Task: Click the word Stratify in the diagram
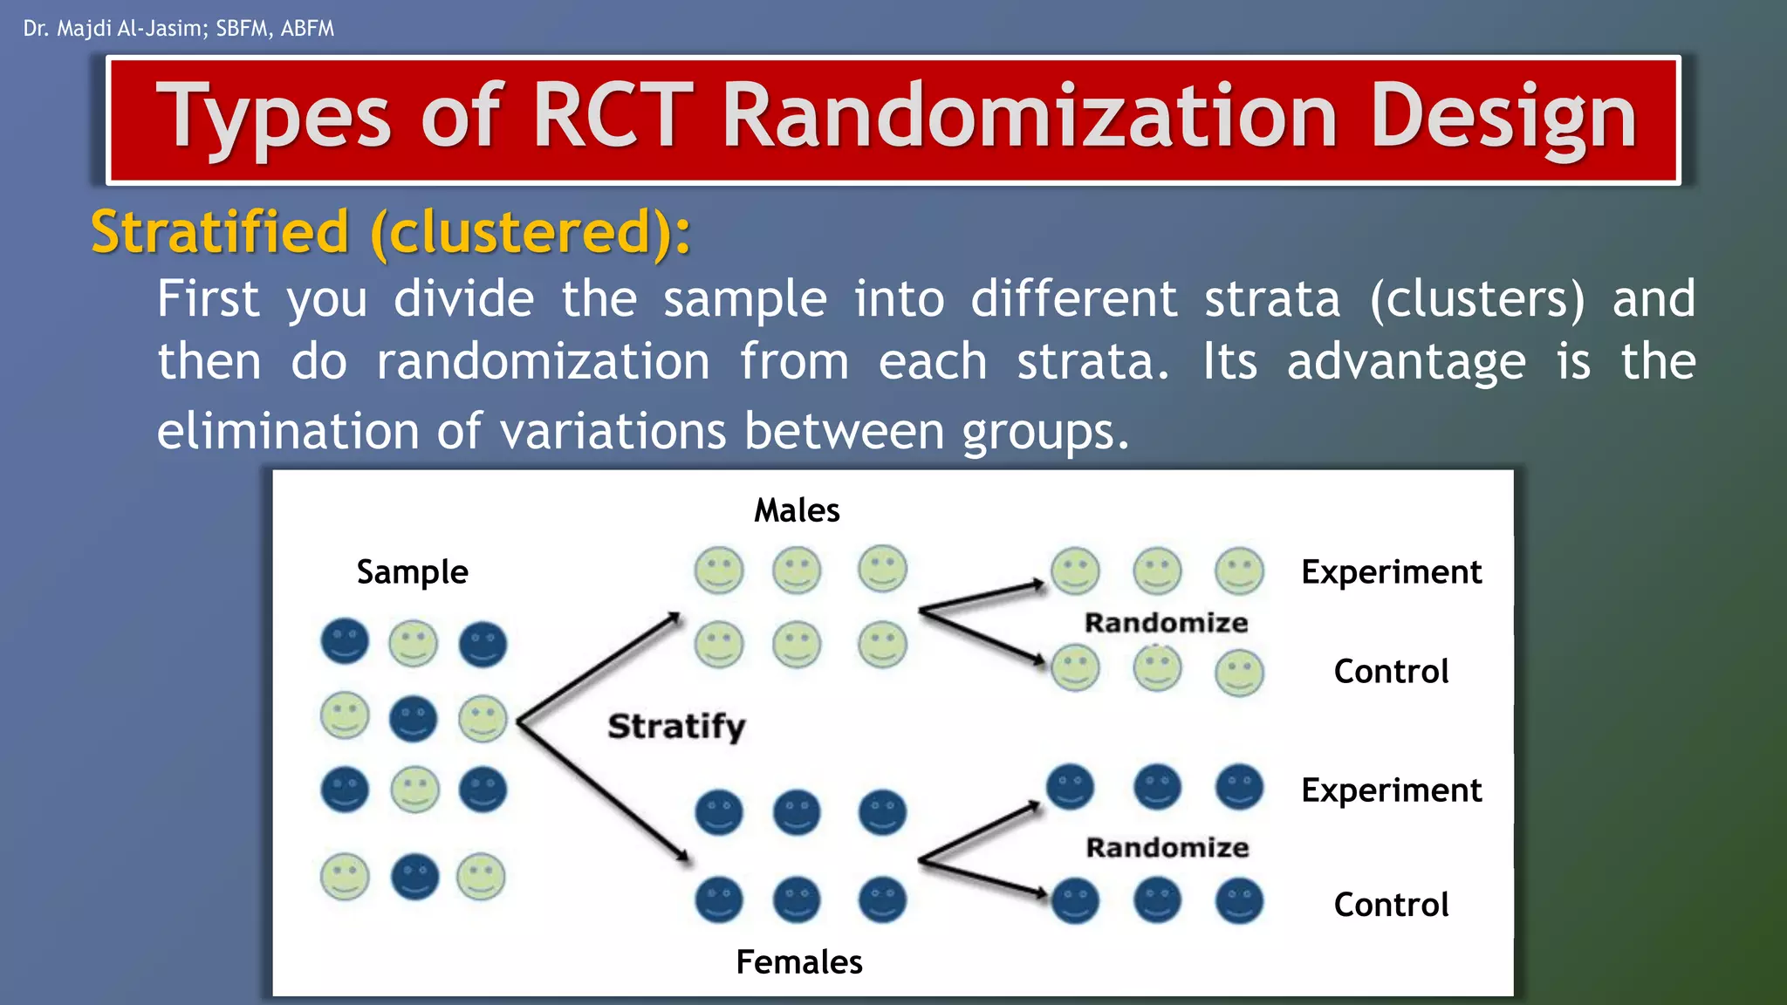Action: click(676, 726)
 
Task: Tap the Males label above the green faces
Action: click(797, 510)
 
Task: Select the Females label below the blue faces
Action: click(798, 961)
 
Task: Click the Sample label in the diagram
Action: click(412, 572)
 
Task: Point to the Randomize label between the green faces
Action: click(1166, 623)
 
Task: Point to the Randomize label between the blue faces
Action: click(1167, 847)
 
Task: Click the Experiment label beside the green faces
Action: click(1391, 572)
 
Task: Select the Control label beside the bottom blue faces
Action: click(1391, 905)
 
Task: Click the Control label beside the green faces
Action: click(1391, 672)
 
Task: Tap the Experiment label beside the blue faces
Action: click(1391, 790)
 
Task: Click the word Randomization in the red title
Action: click(1030, 117)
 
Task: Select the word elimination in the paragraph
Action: click(288, 431)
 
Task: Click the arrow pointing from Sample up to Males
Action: click(600, 667)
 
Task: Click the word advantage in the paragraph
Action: click(1406, 362)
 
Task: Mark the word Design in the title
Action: click(1503, 117)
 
